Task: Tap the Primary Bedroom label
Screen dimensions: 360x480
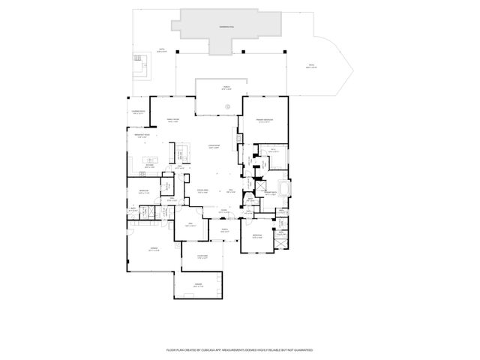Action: point(262,121)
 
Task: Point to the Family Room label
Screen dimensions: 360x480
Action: point(172,121)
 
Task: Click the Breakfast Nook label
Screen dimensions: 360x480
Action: point(141,136)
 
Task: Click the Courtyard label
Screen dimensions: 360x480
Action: point(202,257)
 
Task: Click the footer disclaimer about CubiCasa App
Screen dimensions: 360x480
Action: point(239,349)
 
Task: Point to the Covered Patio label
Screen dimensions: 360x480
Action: point(137,112)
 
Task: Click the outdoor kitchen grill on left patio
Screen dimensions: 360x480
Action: point(139,59)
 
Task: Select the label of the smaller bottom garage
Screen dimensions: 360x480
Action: point(198,286)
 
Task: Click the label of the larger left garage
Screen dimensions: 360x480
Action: point(153,249)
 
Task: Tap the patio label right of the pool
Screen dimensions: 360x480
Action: point(310,67)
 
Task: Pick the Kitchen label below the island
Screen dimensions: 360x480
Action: point(150,167)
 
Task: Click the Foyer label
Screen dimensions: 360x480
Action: point(223,211)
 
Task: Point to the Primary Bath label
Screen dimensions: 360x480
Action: point(270,193)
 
